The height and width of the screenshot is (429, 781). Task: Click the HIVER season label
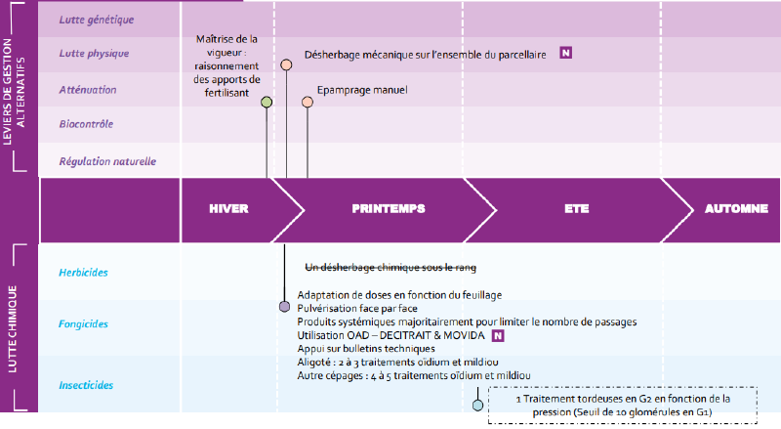tap(228, 208)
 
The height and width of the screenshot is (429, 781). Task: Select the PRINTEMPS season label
tap(389, 208)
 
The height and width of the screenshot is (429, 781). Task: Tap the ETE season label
tap(577, 208)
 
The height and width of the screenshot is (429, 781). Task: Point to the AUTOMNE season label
tap(736, 208)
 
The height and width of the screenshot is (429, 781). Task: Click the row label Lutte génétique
tap(96, 20)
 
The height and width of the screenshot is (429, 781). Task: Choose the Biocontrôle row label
tap(86, 124)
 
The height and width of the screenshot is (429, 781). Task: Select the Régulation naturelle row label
tap(107, 161)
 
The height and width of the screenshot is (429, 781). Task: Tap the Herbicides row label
tap(83, 273)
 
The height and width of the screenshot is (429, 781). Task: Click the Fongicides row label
tap(83, 324)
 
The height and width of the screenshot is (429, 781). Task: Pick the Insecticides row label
tap(86, 385)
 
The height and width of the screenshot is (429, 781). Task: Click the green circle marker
tap(267, 103)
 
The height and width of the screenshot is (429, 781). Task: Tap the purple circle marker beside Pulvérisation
tap(284, 306)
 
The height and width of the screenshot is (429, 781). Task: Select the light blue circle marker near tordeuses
tap(477, 405)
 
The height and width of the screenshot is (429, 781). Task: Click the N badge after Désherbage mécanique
tap(566, 53)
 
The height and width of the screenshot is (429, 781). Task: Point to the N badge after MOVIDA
tap(498, 336)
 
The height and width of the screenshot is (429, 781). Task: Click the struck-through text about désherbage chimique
tap(390, 268)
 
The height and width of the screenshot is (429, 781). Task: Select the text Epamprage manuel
tap(362, 90)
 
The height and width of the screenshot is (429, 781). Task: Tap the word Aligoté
tap(313, 363)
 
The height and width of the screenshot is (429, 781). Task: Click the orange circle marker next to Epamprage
tap(308, 103)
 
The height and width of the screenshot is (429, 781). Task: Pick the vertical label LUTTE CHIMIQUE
tap(13, 328)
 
